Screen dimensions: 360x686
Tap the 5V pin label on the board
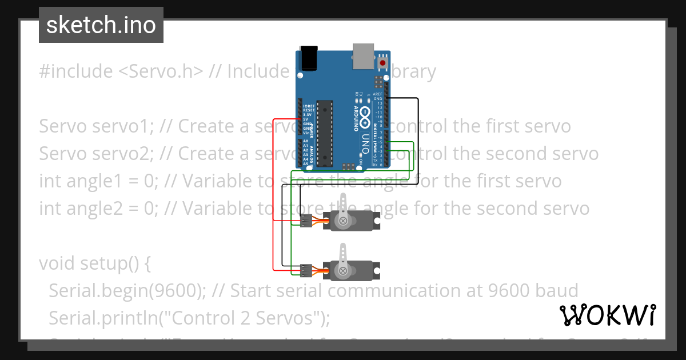pos(307,119)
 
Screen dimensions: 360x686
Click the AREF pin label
pos(377,94)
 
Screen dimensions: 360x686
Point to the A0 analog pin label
pos(306,141)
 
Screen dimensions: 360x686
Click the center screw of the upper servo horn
pos(342,221)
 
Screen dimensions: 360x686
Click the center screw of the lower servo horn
pos(342,270)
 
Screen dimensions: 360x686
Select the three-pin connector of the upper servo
pos(306,221)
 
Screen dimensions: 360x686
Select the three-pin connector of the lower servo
pos(306,270)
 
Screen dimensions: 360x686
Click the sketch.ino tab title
pos(101,25)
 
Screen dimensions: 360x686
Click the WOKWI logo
pos(607,315)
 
